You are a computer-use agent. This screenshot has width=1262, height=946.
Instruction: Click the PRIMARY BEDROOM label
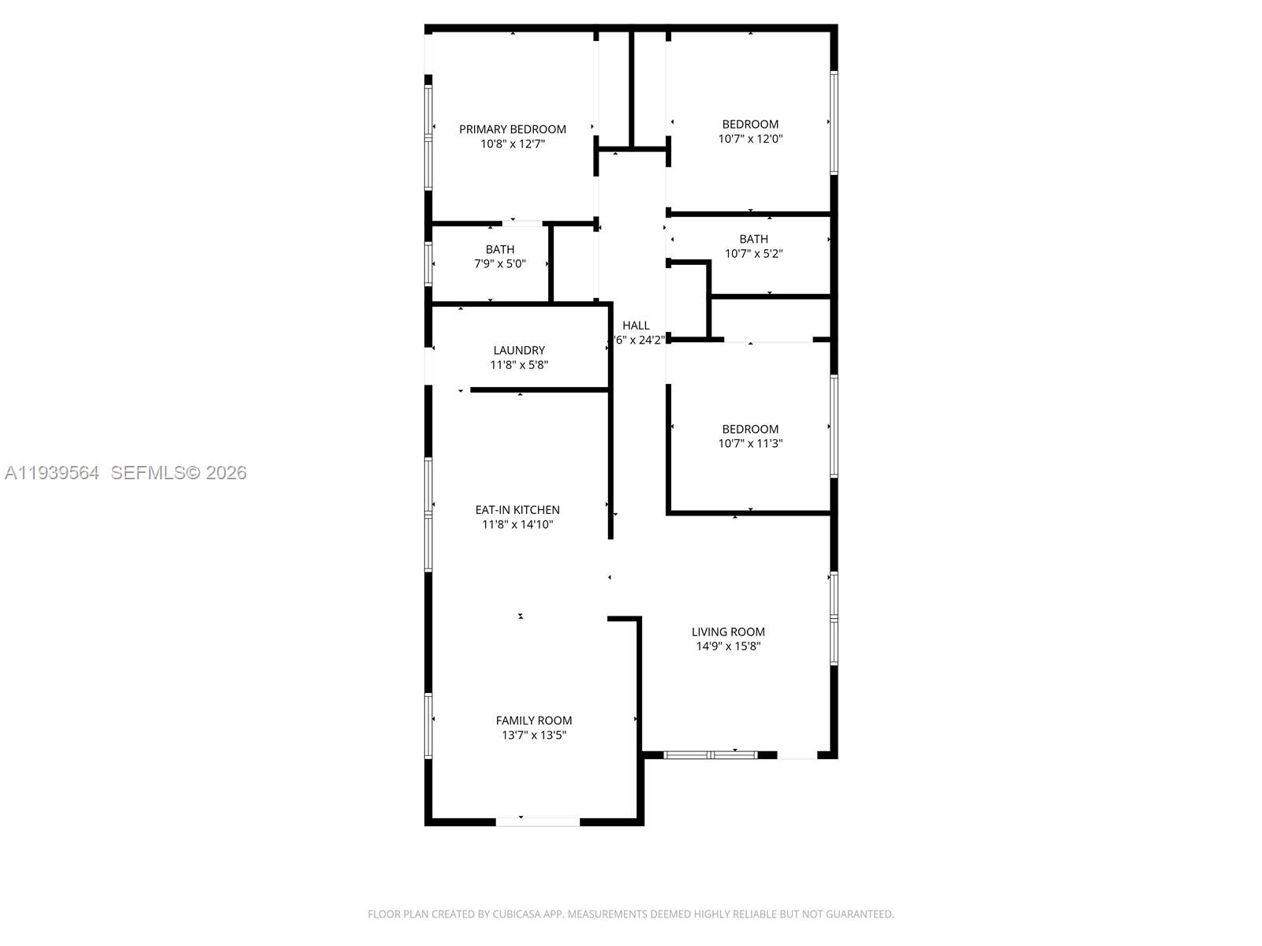pos(513,129)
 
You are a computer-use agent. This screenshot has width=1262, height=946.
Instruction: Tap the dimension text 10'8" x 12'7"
pos(513,144)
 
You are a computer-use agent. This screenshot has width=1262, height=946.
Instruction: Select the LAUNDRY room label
pos(519,350)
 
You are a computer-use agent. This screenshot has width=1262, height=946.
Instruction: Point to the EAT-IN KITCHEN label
pos(517,510)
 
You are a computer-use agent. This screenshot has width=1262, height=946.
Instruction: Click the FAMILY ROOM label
pos(534,721)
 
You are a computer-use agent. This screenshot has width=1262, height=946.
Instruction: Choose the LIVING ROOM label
pos(728,631)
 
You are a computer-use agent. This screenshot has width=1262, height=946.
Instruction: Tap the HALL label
pos(636,326)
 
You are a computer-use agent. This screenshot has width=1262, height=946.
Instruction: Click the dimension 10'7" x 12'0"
pos(750,139)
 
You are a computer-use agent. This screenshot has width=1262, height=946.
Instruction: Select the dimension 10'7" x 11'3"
pos(750,444)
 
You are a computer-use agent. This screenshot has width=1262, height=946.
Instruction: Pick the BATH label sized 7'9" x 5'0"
pos(500,250)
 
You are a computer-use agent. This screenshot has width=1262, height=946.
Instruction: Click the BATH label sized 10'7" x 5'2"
pos(753,239)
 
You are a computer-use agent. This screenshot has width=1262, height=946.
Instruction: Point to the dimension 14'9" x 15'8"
pos(728,646)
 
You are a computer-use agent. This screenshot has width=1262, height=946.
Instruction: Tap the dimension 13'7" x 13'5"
pos(534,736)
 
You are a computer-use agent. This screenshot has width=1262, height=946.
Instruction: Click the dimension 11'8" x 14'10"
pos(517,525)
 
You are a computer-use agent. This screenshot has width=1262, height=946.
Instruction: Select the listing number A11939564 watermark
pos(52,473)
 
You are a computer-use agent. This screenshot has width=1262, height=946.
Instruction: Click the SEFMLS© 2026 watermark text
pos(178,473)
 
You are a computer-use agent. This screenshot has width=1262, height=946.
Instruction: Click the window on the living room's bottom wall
pos(710,755)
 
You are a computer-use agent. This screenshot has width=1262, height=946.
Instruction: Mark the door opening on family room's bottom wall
pos(537,822)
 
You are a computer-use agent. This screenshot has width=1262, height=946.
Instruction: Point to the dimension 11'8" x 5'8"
pos(519,365)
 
